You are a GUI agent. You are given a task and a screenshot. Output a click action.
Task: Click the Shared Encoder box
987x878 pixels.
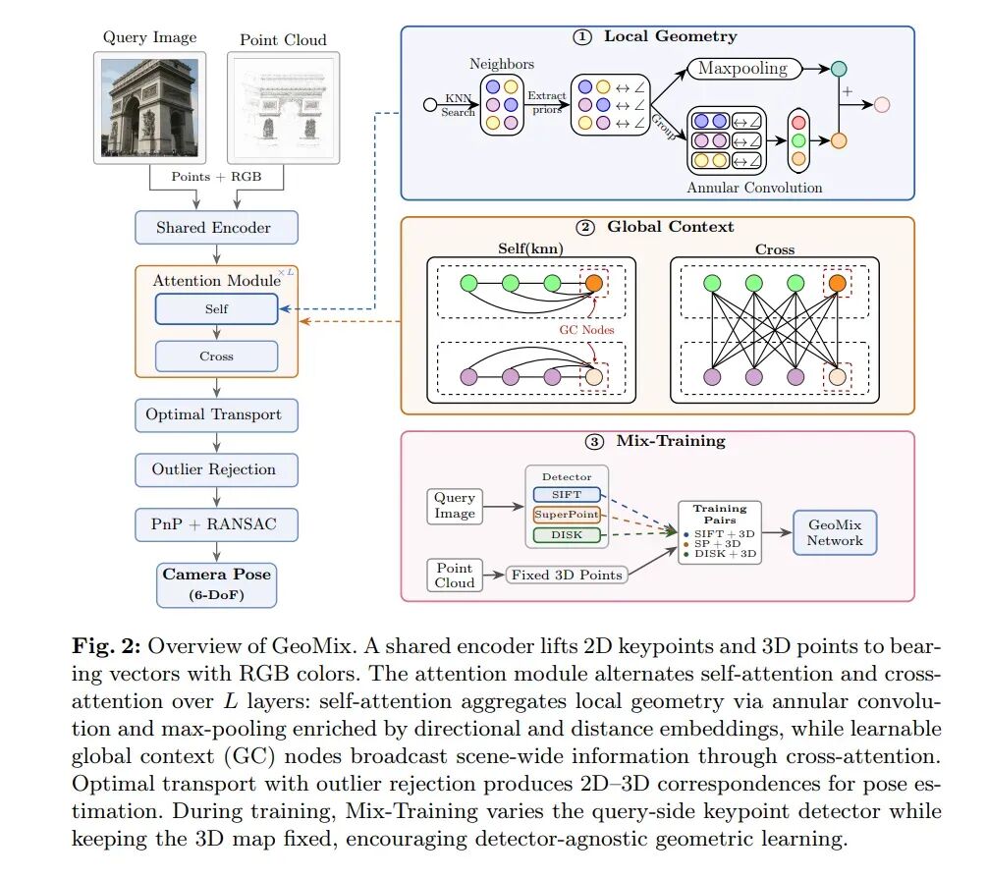tap(216, 227)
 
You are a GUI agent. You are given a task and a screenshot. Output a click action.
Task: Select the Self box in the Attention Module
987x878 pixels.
tap(216, 309)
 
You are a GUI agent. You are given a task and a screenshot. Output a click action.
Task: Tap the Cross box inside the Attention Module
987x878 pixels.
tap(216, 357)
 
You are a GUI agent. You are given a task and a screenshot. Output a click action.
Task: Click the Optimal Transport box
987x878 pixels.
tap(216, 414)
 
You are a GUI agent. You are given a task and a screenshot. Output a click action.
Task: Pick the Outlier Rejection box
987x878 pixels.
tap(216, 469)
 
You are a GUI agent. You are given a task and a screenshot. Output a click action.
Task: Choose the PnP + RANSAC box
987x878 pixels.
tap(216, 524)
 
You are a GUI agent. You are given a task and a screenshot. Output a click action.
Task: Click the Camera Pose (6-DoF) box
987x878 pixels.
tap(216, 584)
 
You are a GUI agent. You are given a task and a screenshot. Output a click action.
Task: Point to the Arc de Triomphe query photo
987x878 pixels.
tap(150, 108)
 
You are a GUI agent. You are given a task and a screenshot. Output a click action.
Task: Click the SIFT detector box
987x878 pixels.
tap(567, 495)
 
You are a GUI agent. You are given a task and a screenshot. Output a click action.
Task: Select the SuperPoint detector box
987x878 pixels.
tap(567, 515)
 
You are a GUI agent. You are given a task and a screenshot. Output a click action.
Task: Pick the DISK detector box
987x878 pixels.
tap(567, 535)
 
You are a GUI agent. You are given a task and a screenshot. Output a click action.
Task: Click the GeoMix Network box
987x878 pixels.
tap(835, 532)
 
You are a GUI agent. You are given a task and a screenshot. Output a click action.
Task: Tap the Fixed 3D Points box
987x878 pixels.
tap(567, 575)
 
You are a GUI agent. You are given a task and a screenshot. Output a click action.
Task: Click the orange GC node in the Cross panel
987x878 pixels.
tap(837, 283)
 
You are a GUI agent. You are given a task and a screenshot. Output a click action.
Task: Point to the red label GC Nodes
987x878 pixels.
tap(586, 330)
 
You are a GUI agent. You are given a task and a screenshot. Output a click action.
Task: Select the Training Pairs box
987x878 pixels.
tap(720, 532)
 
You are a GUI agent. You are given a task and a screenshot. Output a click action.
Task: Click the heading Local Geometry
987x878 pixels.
tap(671, 36)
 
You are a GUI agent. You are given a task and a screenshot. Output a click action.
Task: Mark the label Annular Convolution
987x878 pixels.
tap(754, 188)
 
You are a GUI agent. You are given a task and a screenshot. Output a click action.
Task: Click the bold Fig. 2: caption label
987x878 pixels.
tap(109, 646)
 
